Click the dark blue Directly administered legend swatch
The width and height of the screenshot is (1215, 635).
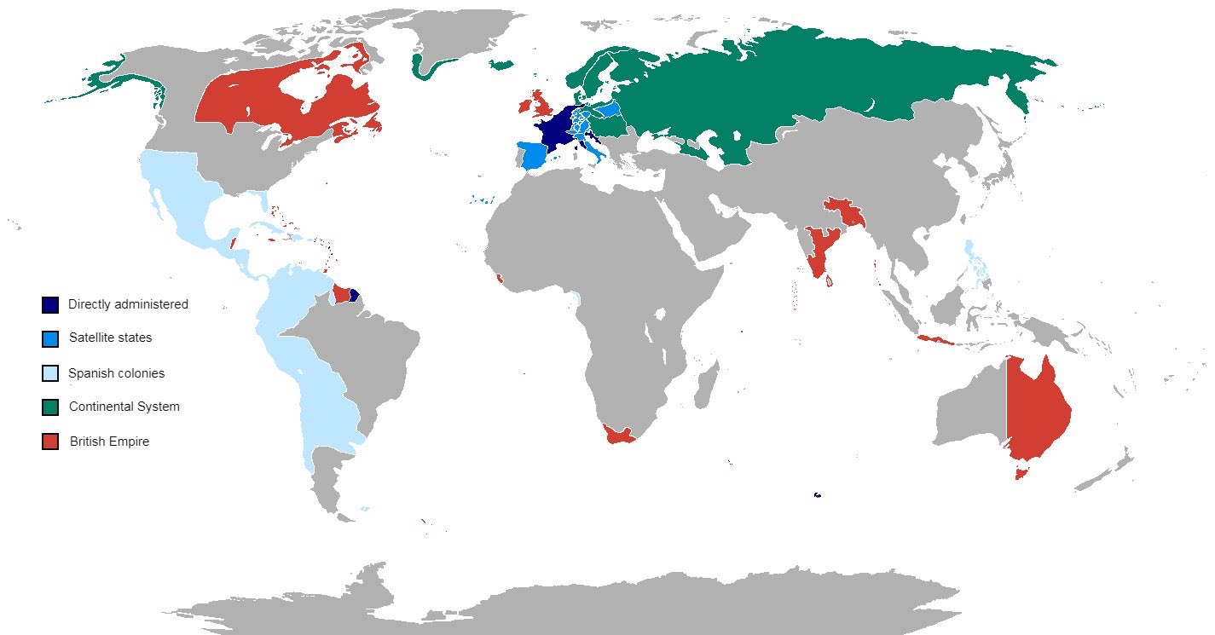pyautogui.click(x=50, y=304)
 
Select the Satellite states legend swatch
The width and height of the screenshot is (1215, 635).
pyautogui.click(x=50, y=338)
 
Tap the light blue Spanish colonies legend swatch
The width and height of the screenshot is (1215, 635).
pyautogui.click(x=50, y=373)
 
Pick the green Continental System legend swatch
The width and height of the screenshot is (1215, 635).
pyautogui.click(x=50, y=407)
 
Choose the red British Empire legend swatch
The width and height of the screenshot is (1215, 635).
pyautogui.click(x=50, y=442)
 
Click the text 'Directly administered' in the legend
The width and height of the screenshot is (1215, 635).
pyautogui.click(x=128, y=304)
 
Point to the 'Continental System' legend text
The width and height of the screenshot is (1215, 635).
pyautogui.click(x=124, y=407)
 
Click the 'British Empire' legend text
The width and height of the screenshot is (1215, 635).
pyautogui.click(x=109, y=442)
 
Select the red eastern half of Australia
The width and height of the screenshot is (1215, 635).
pyautogui.click(x=1036, y=409)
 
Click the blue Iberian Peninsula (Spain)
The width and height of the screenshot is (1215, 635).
pyautogui.click(x=533, y=157)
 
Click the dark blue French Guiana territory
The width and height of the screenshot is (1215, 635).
pyautogui.click(x=354, y=296)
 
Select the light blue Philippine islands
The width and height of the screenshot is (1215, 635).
pyautogui.click(x=974, y=260)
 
